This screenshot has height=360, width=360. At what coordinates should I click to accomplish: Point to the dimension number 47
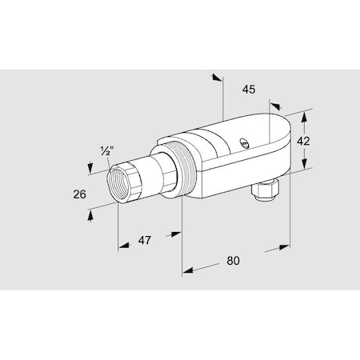coord(145,238)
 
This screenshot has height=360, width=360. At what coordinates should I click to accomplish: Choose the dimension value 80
coord(234,261)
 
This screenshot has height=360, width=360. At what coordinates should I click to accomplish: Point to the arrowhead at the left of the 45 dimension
coord(216,78)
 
